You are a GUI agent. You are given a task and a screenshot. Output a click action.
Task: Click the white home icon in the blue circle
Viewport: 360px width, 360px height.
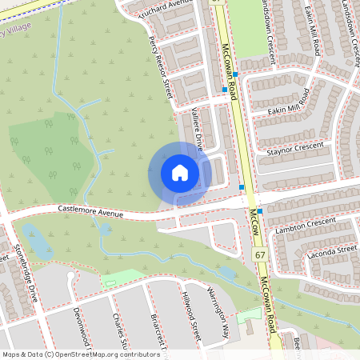pyautogui.click(x=180, y=173)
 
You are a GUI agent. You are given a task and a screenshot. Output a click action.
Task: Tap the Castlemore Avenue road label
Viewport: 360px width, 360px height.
pyautogui.click(x=90, y=210)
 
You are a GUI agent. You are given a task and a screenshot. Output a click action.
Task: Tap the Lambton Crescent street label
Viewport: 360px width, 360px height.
pyautogui.click(x=305, y=223)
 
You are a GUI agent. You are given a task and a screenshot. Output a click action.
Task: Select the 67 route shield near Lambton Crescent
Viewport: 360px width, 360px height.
pyautogui.click(x=260, y=254)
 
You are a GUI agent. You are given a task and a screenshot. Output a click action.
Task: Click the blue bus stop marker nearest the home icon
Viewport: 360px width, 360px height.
pyautogui.click(x=242, y=187)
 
